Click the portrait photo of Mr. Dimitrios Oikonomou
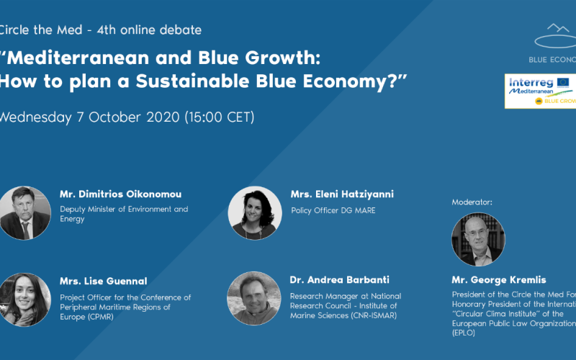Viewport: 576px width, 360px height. [25, 213]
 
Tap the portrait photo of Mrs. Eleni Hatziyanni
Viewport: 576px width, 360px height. [255, 213]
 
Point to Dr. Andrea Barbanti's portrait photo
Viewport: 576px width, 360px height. [253, 298]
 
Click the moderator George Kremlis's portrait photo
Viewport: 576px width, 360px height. [478, 239]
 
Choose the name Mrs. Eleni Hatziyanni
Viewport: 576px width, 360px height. [342, 194]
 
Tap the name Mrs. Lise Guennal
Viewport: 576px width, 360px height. [103, 282]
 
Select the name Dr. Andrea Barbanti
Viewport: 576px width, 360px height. [336, 282]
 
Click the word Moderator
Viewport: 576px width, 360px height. [472, 202]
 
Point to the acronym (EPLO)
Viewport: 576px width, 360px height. [464, 333]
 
